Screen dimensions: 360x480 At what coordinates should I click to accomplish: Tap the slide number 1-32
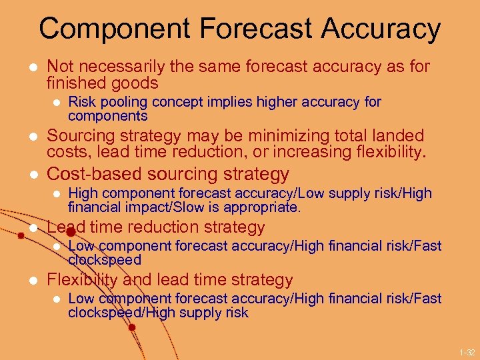coord(467,351)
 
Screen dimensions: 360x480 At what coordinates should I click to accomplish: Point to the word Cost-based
coord(88,174)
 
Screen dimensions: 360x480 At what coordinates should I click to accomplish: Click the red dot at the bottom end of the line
coord(132,327)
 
